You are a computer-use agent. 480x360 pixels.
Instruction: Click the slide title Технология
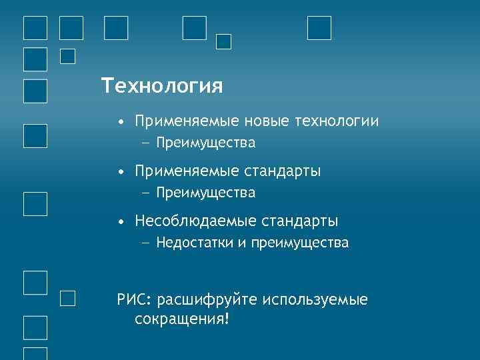click(x=162, y=86)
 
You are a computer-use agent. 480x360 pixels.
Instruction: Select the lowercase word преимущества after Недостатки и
click(x=299, y=243)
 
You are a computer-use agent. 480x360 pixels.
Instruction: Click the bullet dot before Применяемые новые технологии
click(x=120, y=123)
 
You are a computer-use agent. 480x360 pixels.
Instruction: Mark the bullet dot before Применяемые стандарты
click(x=120, y=173)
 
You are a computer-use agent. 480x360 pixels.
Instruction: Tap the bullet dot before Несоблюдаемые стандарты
click(x=120, y=222)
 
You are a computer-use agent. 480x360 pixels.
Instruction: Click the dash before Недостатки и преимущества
click(x=146, y=243)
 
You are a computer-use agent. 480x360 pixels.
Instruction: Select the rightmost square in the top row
click(x=319, y=28)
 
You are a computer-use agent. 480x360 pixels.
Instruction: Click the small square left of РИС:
click(x=67, y=298)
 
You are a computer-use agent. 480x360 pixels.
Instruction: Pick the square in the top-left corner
click(x=35, y=28)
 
